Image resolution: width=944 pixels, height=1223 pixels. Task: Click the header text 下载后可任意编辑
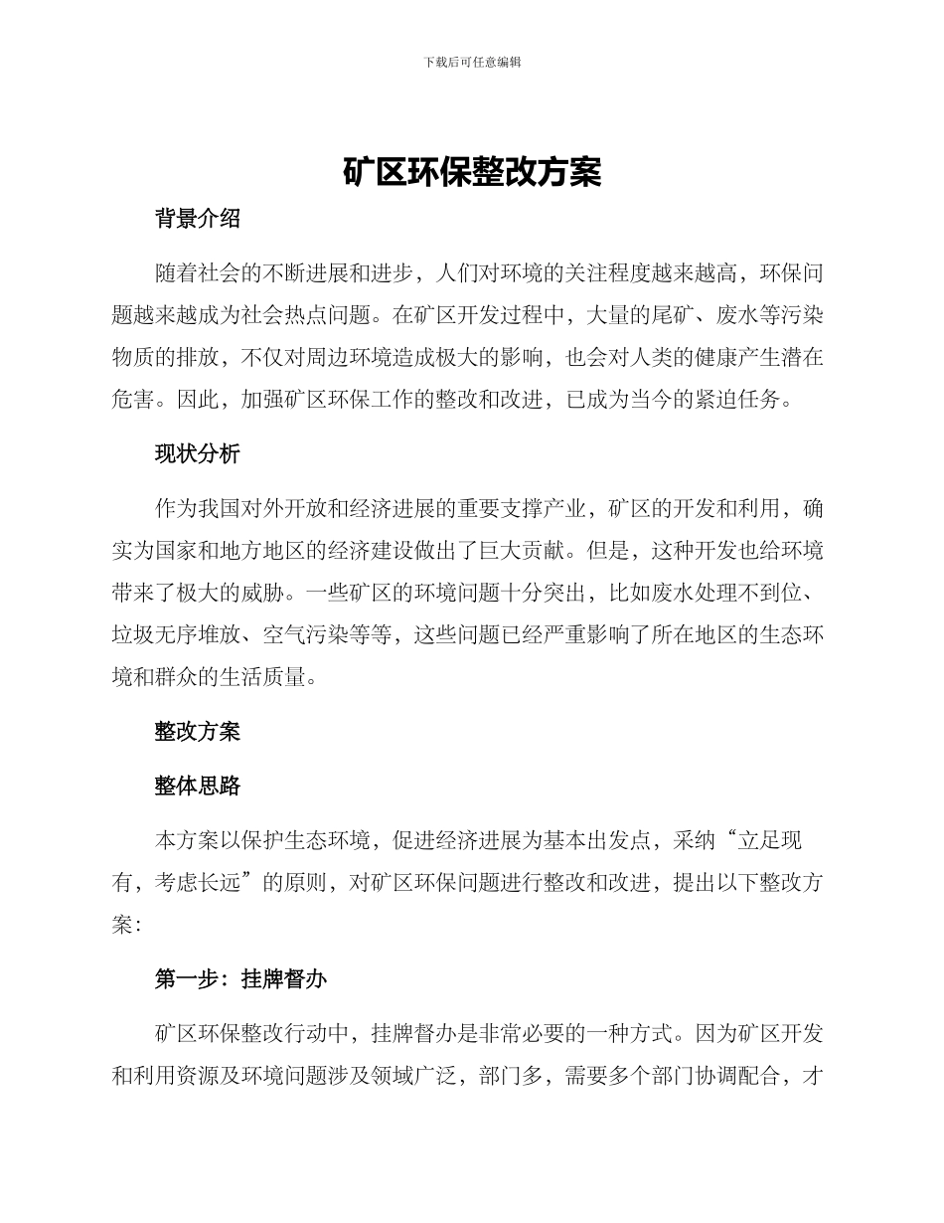(472, 62)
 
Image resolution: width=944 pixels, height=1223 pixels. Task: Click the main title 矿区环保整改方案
(472, 172)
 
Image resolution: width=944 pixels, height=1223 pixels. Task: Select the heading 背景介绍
(198, 220)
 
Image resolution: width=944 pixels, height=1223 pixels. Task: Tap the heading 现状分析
(198, 454)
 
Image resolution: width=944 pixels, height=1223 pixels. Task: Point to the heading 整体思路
(198, 786)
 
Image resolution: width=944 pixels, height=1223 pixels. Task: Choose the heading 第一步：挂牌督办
(240, 979)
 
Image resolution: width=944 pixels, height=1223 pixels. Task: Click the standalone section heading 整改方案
(198, 733)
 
